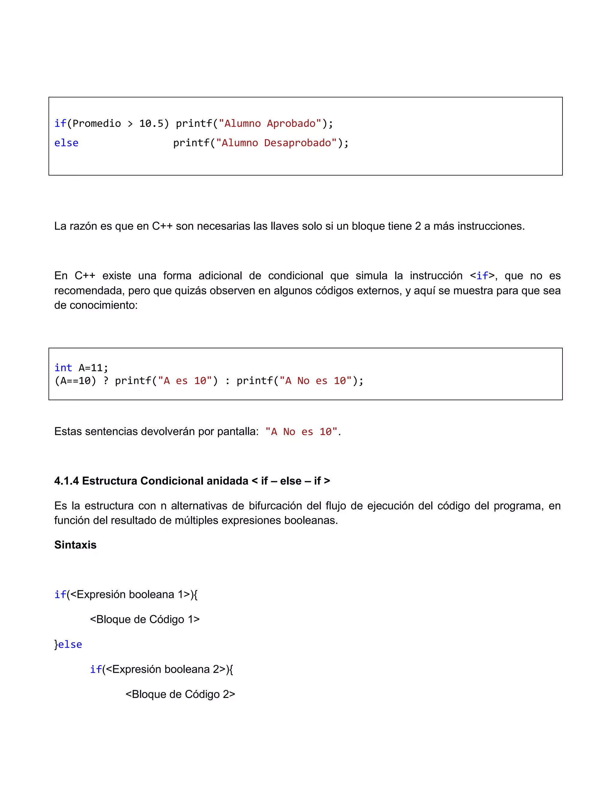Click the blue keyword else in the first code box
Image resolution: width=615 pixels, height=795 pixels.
[66, 143]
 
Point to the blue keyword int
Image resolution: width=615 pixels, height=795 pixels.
[63, 368]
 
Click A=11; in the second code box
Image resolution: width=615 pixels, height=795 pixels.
[94, 368]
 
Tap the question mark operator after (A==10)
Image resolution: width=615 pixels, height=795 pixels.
[106, 381]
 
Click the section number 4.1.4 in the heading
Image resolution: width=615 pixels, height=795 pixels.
[66, 481]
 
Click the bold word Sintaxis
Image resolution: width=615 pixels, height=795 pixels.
[75, 544]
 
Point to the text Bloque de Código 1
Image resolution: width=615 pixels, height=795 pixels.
[145, 619]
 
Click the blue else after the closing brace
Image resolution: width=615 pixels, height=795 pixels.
[70, 644]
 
